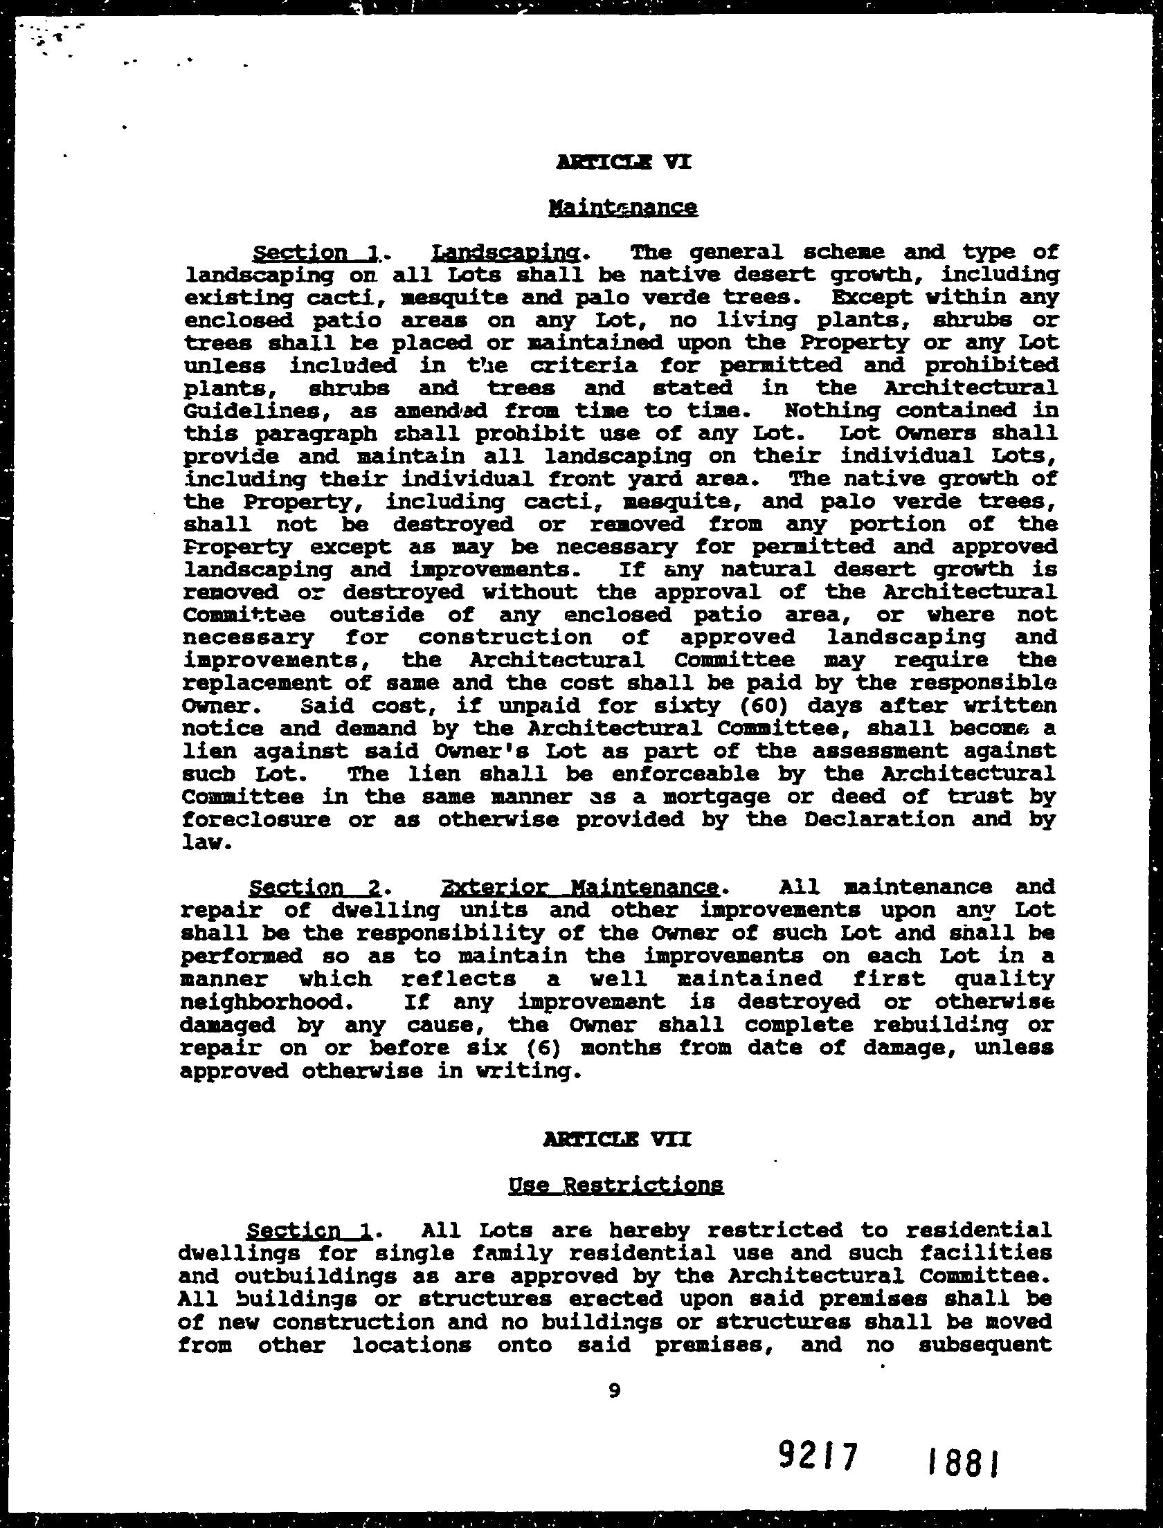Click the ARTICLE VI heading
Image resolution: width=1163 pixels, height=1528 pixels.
[x=623, y=163]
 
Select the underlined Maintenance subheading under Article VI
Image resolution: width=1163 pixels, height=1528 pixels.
[x=622, y=208]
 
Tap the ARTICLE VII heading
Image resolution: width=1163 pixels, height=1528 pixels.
[x=617, y=1139]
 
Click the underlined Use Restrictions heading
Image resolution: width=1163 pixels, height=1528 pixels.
[x=616, y=1185]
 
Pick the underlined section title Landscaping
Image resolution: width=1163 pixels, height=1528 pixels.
[x=506, y=253]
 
